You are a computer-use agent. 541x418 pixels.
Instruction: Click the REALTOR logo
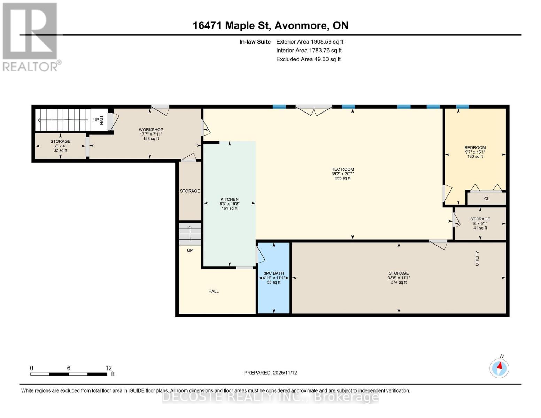(x=30, y=37)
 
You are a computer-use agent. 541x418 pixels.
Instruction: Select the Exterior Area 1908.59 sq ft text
(x=310, y=42)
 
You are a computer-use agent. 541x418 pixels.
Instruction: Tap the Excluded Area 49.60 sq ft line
(x=308, y=59)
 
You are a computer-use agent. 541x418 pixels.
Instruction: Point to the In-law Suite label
(x=255, y=42)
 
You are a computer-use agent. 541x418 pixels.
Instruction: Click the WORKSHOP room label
(x=151, y=130)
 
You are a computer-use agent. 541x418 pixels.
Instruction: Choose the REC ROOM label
(x=342, y=169)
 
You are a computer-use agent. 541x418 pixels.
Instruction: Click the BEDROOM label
(x=475, y=148)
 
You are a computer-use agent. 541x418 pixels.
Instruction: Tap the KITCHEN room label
(x=229, y=199)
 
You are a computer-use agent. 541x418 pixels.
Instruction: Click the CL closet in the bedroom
(x=486, y=199)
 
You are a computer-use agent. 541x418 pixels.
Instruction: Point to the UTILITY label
(x=477, y=258)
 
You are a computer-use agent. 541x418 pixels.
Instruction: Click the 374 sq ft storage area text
(x=399, y=282)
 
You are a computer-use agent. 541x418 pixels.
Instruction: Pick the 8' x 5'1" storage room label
(x=480, y=224)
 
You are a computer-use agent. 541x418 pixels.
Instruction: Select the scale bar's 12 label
(x=108, y=368)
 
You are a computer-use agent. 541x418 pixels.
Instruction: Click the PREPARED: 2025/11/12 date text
(x=270, y=373)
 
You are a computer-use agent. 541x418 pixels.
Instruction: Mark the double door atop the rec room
(x=314, y=110)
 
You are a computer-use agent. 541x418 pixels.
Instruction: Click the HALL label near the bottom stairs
(x=214, y=291)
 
